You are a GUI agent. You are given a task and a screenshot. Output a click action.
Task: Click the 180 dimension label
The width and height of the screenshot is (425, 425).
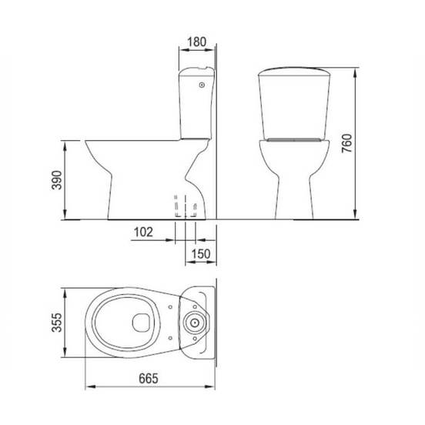coord(197,42)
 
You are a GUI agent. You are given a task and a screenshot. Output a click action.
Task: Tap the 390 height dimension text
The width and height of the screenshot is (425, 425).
coord(57,180)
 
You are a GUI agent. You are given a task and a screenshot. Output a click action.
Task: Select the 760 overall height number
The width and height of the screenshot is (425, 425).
coord(346,143)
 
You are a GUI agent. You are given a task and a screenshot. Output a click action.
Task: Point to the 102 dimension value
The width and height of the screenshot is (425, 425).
coord(143,232)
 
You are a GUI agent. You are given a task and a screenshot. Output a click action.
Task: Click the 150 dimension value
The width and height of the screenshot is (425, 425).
coord(201,254)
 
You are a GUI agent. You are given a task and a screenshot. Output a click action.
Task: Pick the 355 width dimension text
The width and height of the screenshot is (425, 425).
coord(57,323)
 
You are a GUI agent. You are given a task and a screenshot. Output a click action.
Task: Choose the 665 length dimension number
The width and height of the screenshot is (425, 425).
coord(149,379)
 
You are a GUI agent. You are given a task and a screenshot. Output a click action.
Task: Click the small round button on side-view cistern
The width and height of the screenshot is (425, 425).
coord(202,85)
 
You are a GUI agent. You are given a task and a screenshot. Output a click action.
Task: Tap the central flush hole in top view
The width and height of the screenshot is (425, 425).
coord(194,323)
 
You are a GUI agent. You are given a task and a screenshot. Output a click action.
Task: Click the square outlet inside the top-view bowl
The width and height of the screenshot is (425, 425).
coord(141,323)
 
